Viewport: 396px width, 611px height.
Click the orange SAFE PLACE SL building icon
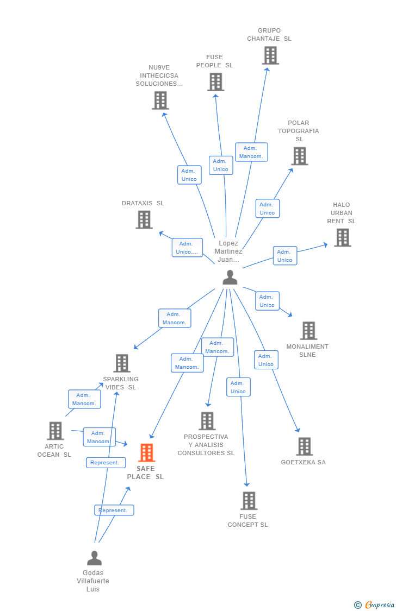tap(146, 452)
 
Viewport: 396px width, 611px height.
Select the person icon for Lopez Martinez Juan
tap(230, 278)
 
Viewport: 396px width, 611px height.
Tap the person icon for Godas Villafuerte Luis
tap(94, 558)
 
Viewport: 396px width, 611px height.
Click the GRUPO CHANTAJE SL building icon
tap(270, 55)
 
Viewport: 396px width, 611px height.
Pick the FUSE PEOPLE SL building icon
tap(215, 82)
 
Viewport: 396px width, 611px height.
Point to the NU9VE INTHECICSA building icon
tap(160, 100)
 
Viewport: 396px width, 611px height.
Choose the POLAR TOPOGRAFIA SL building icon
tap(299, 156)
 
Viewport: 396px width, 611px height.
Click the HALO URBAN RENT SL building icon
tap(342, 237)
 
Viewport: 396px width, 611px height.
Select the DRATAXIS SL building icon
tap(144, 219)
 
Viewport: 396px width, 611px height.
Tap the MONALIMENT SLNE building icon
tap(308, 330)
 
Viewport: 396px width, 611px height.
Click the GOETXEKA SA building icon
tap(304, 446)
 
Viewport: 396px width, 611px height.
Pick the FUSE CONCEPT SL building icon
tap(249, 501)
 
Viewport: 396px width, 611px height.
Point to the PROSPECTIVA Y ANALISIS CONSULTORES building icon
tap(207, 421)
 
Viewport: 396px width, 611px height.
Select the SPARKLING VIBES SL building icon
tap(121, 363)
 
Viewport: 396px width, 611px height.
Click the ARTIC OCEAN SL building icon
tap(55, 431)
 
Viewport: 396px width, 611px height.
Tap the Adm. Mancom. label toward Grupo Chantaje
tap(251, 152)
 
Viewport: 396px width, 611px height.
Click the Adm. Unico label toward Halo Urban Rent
tap(285, 256)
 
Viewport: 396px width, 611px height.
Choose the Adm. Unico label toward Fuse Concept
tap(238, 387)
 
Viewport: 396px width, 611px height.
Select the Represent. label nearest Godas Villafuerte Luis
tap(114, 511)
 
